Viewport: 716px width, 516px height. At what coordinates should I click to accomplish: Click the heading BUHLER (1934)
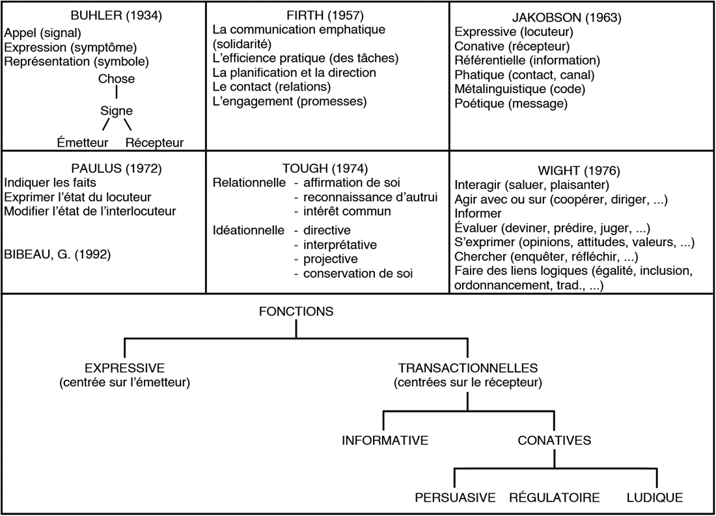(116, 16)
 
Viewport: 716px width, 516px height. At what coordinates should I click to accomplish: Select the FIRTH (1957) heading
(325, 16)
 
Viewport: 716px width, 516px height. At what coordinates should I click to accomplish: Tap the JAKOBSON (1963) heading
(567, 18)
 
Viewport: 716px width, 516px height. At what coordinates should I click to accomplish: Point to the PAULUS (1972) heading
(116, 169)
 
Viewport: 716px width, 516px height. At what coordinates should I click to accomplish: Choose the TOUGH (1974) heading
(325, 169)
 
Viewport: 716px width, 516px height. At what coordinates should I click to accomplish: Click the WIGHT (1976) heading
(579, 171)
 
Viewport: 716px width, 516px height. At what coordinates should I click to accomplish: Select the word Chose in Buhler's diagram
(117, 79)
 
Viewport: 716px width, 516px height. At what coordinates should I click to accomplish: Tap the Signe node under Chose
(117, 111)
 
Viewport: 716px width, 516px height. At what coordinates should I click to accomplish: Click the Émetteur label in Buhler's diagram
(83, 143)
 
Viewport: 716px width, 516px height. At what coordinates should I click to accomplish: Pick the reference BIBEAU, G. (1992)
(57, 255)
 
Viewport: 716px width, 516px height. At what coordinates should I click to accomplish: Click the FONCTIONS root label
(296, 311)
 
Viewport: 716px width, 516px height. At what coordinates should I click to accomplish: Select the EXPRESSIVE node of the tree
(125, 368)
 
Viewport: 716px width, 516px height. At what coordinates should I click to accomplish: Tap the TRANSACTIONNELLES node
(468, 368)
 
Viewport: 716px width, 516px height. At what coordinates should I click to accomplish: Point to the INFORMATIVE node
(385, 440)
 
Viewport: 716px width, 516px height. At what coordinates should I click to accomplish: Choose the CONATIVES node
(555, 440)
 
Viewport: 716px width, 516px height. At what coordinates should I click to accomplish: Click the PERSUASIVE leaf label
(455, 498)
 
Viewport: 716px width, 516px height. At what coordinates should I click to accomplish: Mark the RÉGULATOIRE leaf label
(555, 497)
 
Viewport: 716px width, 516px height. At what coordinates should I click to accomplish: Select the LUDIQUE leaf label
(655, 498)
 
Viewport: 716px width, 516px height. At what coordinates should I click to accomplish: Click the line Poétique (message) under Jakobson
(511, 104)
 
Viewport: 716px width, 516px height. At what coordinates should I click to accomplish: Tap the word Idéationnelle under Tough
(249, 231)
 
